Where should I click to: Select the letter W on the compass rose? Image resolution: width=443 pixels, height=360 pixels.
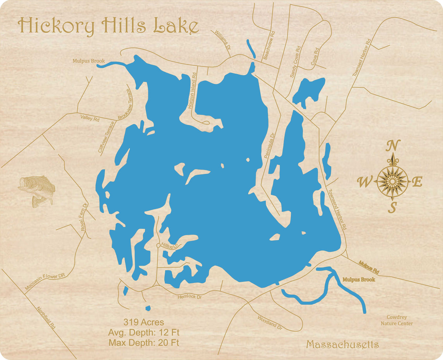tap(364, 182)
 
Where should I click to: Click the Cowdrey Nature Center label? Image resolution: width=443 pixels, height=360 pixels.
tap(397, 320)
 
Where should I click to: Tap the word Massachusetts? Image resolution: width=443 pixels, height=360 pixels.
tap(342, 344)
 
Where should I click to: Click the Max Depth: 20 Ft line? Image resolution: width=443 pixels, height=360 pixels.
tap(144, 343)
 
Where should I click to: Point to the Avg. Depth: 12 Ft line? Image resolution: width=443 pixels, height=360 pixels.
tap(144, 332)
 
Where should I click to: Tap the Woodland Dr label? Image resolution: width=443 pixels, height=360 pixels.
tap(270, 323)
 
